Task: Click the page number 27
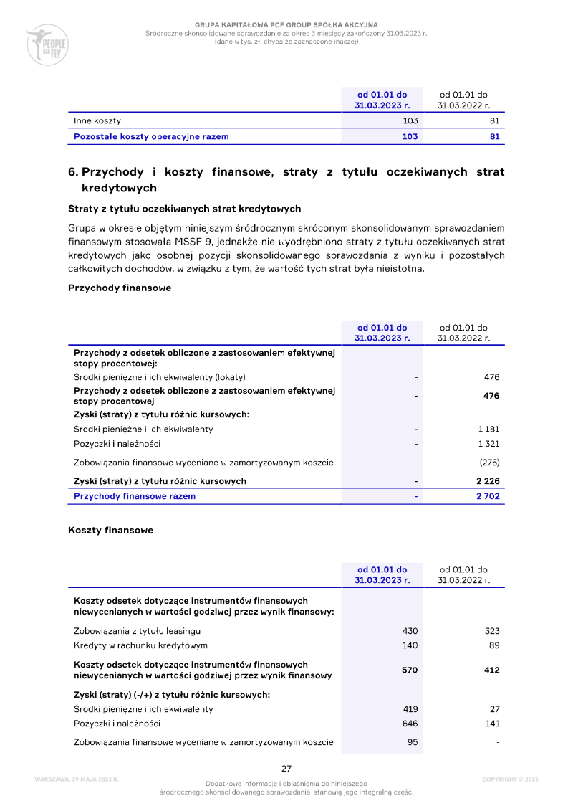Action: (286, 769)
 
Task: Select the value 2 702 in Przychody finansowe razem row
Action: (488, 496)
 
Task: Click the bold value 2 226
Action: (488, 481)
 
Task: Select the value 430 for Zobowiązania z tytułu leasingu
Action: (410, 631)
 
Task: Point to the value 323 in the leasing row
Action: (491, 631)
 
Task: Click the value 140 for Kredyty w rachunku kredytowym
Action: (410, 645)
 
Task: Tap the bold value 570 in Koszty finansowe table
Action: (410, 670)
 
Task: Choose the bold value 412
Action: (491, 670)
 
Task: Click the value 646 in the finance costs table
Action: (410, 724)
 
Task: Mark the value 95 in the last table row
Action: (413, 742)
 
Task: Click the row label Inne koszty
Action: (97, 121)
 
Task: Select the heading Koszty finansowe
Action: (110, 531)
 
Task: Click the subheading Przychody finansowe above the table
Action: (120, 288)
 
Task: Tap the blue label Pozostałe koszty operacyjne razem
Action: (151, 136)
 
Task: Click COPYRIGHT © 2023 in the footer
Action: (510, 779)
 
